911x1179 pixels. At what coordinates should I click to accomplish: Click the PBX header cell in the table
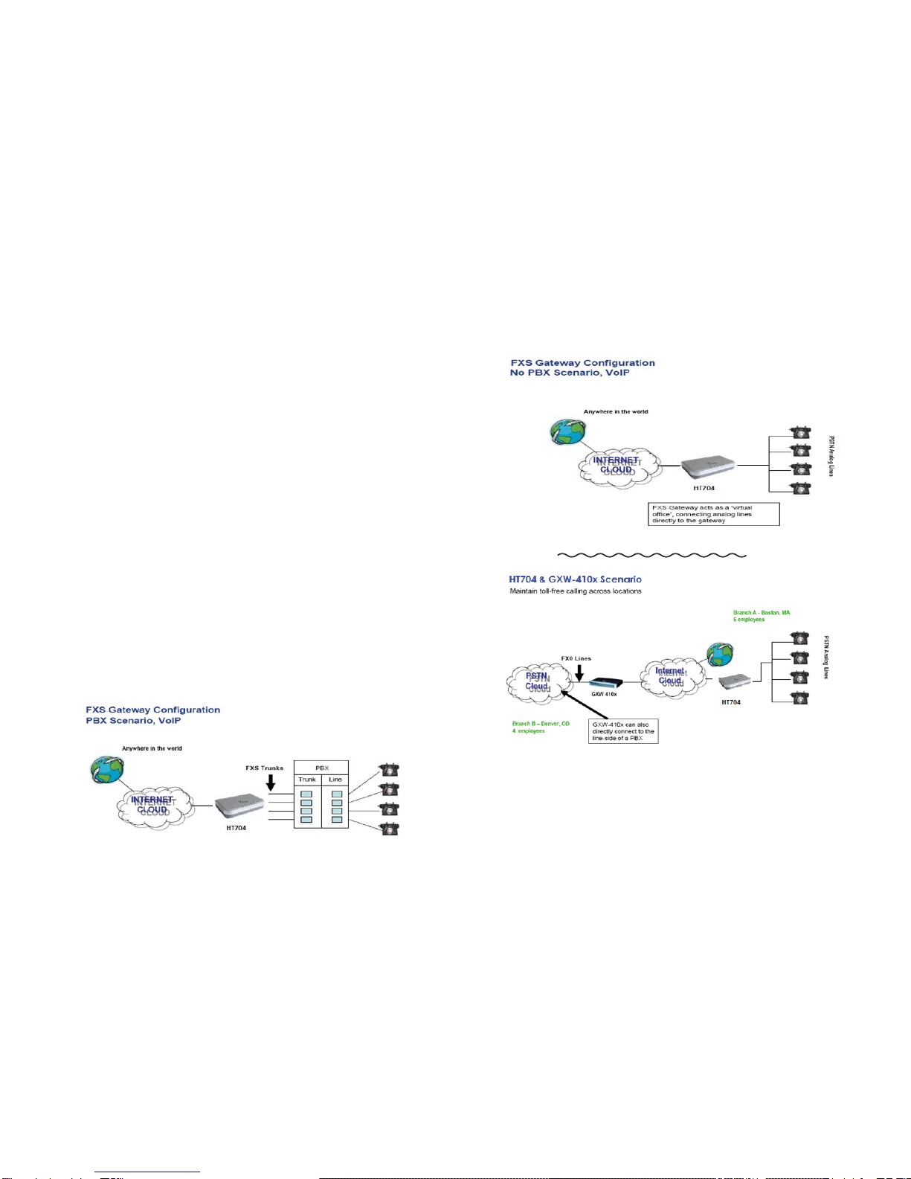coord(321,768)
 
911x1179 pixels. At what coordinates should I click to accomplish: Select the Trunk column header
coord(307,780)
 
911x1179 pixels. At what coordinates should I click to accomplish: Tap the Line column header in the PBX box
coord(335,780)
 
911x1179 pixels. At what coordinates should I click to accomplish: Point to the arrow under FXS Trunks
coord(271,782)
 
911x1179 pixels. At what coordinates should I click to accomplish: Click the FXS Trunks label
coord(264,768)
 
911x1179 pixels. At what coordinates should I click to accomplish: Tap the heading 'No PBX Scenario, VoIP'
coord(569,373)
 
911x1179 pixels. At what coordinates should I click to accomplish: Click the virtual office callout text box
coord(713,514)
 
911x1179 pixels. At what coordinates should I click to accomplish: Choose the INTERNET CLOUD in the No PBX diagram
coord(617,466)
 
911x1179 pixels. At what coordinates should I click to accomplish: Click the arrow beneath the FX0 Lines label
coord(579,671)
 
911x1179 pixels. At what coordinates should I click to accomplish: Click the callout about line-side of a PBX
coord(623,730)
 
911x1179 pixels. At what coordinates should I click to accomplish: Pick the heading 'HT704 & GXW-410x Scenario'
coord(575,579)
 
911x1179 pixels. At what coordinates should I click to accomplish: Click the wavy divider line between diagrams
coord(651,555)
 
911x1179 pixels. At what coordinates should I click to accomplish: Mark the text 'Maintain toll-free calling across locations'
coord(575,591)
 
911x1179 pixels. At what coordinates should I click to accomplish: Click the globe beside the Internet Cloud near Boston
coord(720,654)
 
